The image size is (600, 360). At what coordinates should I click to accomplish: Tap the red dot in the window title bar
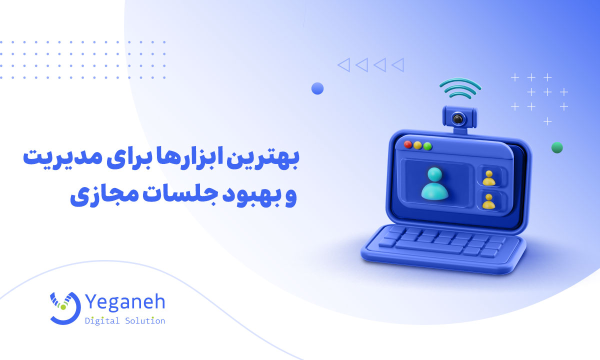408,145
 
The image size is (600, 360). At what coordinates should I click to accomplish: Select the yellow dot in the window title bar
418,146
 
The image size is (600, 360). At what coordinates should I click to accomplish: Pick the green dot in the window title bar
427,147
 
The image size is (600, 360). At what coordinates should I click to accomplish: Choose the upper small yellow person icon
488,177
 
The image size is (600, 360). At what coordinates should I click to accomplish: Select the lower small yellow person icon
488,201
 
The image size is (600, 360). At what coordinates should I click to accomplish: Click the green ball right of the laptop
557,147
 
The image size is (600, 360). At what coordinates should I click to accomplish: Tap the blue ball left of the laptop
317,88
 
